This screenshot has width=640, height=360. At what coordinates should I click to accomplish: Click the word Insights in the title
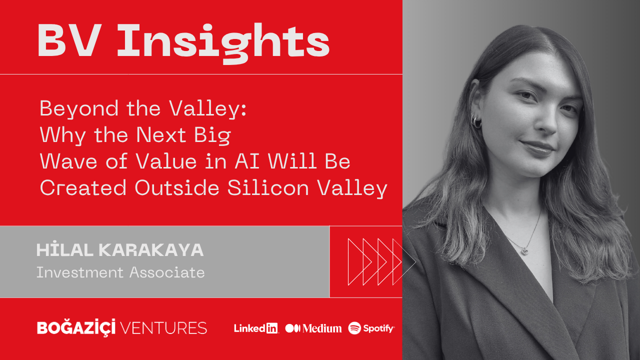(223, 43)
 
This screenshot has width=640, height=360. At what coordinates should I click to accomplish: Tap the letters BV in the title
(69, 40)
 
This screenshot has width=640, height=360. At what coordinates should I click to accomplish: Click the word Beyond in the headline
(79, 109)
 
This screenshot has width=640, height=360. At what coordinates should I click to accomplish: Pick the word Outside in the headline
(177, 187)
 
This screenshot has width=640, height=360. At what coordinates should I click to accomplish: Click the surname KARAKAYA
(151, 250)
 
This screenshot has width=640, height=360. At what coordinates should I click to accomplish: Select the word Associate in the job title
(167, 272)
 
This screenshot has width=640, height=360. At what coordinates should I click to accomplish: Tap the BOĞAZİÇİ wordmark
(76, 327)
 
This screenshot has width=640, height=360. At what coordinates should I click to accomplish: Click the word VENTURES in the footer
(163, 328)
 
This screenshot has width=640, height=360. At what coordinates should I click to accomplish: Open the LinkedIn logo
(256, 328)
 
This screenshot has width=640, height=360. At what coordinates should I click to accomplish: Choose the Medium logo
(313, 328)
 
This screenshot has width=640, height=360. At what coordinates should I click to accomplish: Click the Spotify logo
(371, 328)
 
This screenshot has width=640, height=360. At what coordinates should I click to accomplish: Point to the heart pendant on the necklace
(525, 251)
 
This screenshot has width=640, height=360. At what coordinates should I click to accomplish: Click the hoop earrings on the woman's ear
(476, 121)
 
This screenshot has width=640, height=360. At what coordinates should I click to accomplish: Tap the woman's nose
(547, 121)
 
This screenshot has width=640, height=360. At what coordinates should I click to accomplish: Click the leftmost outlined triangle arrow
(359, 261)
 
